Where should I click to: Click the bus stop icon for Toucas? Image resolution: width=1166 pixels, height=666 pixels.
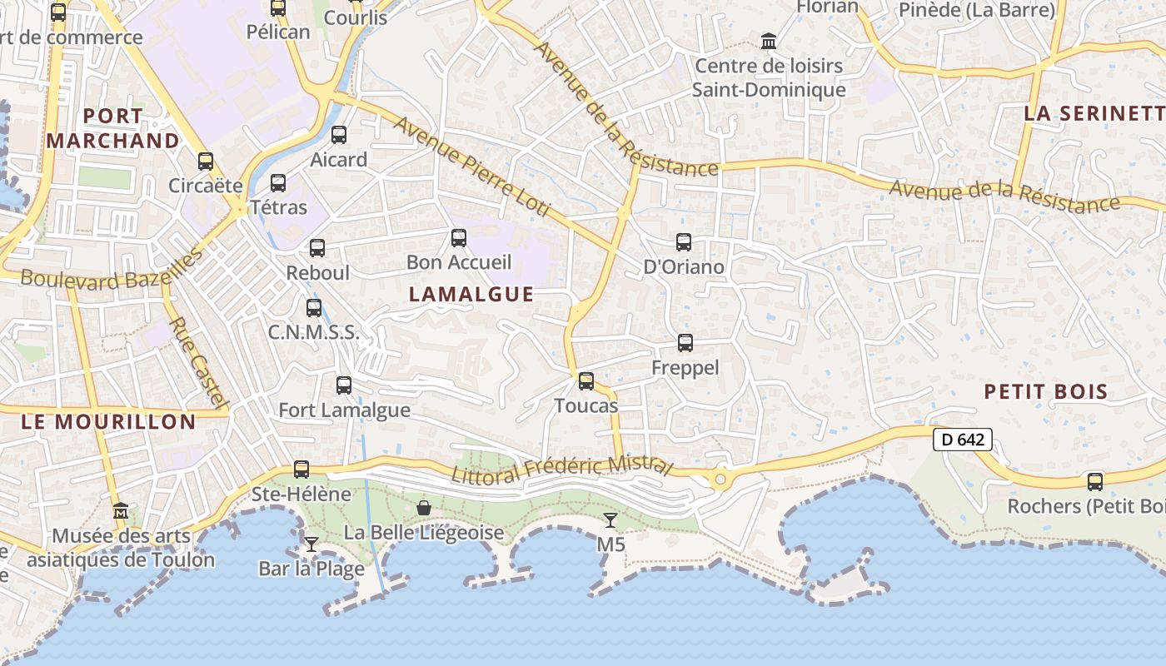[586, 381]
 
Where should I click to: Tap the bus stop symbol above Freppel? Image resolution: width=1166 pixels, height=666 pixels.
[685, 342]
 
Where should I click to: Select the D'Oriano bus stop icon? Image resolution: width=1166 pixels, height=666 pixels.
[683, 242]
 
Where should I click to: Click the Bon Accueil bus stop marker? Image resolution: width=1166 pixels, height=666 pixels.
[458, 238]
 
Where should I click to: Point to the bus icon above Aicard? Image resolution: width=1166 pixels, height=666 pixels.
[338, 135]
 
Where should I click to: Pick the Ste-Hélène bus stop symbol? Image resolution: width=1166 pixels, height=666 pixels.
[301, 470]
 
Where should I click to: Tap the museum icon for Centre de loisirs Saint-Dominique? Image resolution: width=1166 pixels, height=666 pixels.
[768, 41]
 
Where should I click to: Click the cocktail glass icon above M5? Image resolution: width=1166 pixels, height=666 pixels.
[610, 520]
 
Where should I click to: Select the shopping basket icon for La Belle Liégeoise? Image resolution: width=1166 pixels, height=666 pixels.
[424, 507]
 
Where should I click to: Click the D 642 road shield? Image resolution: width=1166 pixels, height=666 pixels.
[963, 439]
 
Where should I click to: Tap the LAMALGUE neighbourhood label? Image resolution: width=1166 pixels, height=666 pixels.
[471, 294]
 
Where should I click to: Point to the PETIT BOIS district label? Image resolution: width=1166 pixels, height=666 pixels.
[1045, 391]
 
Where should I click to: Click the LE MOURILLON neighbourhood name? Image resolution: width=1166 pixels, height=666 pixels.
[108, 421]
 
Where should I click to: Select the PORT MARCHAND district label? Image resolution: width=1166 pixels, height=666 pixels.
[113, 128]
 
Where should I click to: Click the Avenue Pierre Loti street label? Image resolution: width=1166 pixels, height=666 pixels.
[471, 166]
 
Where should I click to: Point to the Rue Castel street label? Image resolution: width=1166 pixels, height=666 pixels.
[198, 362]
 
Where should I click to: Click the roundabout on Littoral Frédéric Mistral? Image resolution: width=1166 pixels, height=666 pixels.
[720, 479]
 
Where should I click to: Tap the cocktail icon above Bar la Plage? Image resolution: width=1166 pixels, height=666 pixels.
[311, 544]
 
